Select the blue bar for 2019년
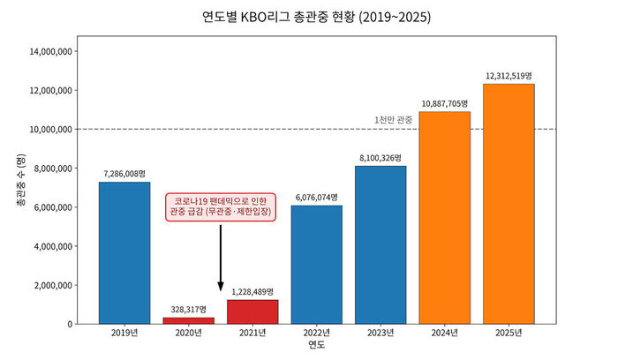point(124,253)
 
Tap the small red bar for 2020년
point(188,320)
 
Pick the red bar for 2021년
point(252,311)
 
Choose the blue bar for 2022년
point(317,265)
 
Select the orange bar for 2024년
point(445,218)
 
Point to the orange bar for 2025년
point(509,204)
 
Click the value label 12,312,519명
point(509,76)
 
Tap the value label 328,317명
point(188,310)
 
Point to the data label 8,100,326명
point(381,158)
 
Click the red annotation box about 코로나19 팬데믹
point(221,207)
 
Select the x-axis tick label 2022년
point(317,333)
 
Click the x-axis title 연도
point(317,346)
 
